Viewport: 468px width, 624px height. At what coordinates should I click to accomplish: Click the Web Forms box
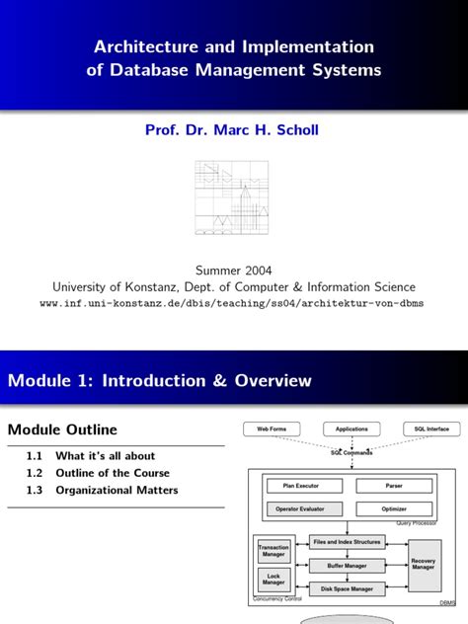pos(272,429)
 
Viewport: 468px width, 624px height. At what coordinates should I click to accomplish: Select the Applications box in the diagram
pos(351,429)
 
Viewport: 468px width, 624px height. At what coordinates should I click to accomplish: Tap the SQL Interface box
pos(430,429)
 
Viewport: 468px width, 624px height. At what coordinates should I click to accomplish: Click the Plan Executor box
pos(301,486)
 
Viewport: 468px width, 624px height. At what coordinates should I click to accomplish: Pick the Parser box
pos(393,486)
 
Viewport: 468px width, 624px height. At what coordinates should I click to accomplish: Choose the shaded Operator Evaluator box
pos(301,508)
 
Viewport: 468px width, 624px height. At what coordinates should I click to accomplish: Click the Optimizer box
pos(393,508)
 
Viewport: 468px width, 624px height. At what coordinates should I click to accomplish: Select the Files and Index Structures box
pos(348,542)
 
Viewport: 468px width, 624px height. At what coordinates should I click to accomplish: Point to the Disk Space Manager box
pos(348,588)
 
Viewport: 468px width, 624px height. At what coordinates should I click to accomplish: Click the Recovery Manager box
pos(424,565)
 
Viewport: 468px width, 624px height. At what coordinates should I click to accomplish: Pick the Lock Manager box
pos(273,580)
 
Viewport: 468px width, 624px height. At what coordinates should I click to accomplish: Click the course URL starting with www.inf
pos(232,303)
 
